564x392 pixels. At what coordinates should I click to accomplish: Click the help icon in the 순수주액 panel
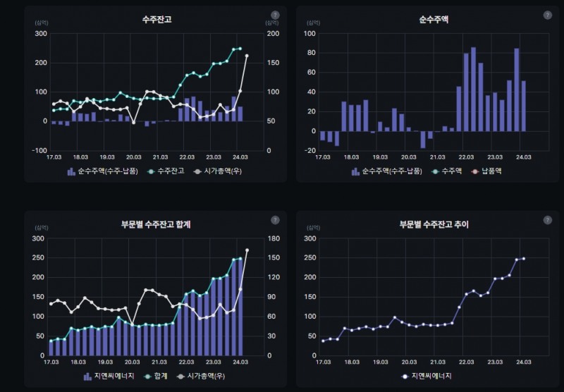tap(547, 15)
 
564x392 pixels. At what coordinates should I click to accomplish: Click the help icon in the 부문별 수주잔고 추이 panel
tap(547, 220)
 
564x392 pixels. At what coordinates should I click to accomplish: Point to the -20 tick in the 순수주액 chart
tap(309, 150)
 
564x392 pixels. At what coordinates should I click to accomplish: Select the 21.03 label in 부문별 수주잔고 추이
tap(437, 362)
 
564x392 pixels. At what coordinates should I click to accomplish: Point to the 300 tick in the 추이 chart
tap(310, 238)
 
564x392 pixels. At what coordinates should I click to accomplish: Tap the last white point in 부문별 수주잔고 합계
tap(247, 250)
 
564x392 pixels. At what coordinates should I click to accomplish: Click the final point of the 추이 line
tap(524, 259)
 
